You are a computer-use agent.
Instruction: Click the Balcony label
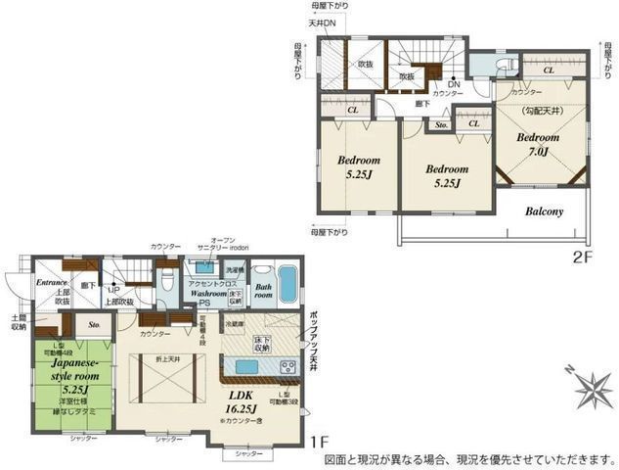[544, 211]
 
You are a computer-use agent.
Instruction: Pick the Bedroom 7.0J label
[537, 144]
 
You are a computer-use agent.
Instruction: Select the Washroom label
[208, 293]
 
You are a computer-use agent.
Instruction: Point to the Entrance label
[50, 282]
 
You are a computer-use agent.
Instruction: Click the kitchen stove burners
[288, 367]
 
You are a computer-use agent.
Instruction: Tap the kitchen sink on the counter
[247, 367]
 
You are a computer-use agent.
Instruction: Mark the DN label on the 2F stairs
[454, 84]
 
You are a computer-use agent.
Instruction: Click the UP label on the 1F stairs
[114, 291]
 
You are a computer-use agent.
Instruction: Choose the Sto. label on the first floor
[95, 323]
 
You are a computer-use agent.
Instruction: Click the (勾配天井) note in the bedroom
[537, 110]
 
